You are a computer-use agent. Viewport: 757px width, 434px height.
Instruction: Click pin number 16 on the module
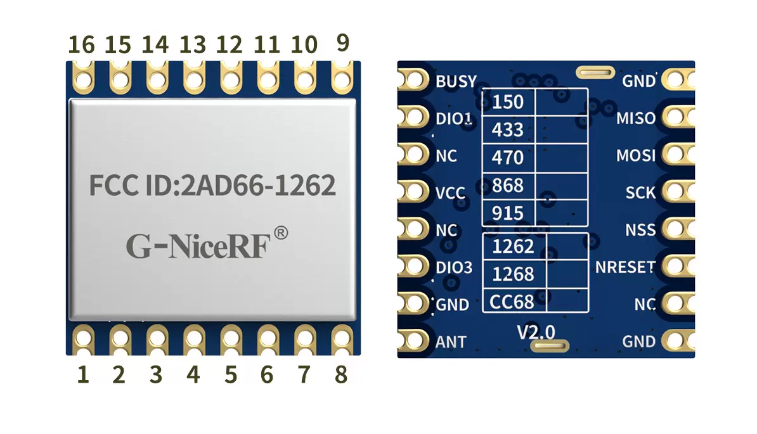pyautogui.click(x=81, y=45)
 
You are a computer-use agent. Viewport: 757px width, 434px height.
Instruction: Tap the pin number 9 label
pyautogui.click(x=342, y=43)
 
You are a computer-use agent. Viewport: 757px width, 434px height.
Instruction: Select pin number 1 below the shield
pyautogui.click(x=82, y=375)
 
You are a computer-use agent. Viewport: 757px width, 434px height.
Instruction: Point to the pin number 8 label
pyautogui.click(x=341, y=375)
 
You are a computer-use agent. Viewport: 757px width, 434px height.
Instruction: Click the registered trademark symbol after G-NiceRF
pyautogui.click(x=281, y=233)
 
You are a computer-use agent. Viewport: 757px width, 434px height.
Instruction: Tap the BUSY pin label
pyautogui.click(x=456, y=82)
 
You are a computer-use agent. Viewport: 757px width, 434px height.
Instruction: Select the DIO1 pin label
pyautogui.click(x=455, y=118)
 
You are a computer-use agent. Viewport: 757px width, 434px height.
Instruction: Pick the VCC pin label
pyautogui.click(x=451, y=193)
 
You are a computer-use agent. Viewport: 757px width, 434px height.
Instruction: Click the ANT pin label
pyautogui.click(x=451, y=342)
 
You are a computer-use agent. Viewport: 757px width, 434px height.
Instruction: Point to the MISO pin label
pyautogui.click(x=636, y=118)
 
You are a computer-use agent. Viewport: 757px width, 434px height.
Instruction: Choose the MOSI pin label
pyautogui.click(x=636, y=155)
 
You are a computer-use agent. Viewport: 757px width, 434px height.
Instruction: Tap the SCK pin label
pyautogui.click(x=640, y=192)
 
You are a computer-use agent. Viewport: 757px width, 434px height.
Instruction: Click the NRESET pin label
pyautogui.click(x=624, y=267)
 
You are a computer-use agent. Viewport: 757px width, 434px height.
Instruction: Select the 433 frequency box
pyautogui.click(x=508, y=130)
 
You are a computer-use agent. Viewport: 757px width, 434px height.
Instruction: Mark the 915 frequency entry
pyautogui.click(x=508, y=213)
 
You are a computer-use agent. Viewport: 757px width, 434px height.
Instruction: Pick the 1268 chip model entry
pyautogui.click(x=513, y=274)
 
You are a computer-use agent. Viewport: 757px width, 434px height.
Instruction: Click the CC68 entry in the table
pyautogui.click(x=512, y=302)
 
